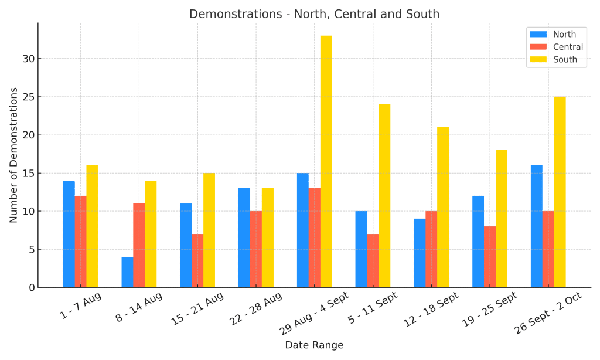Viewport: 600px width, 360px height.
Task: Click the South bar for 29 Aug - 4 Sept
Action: [x=326, y=161]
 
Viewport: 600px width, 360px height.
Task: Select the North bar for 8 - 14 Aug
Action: [x=127, y=272]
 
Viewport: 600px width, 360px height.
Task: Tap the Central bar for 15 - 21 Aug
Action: [x=197, y=261]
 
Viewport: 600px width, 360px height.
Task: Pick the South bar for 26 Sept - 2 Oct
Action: [x=560, y=192]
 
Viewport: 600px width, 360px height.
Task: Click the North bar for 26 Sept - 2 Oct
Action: [x=537, y=226]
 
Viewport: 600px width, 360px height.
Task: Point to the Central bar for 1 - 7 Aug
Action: [x=80, y=242]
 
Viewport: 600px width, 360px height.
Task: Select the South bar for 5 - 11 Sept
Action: [x=384, y=196]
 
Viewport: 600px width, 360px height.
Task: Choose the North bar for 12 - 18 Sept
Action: [x=420, y=253]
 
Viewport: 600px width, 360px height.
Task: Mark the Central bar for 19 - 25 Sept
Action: [x=490, y=257]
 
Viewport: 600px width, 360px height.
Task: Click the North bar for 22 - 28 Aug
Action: [x=244, y=238]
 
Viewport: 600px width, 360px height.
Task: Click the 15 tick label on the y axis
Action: [x=28, y=173]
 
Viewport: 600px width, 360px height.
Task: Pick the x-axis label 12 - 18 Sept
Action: [x=431, y=310]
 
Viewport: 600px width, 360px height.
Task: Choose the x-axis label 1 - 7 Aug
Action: [x=81, y=305]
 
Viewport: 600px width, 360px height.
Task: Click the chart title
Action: [x=314, y=14]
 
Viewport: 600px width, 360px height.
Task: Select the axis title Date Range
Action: [x=314, y=345]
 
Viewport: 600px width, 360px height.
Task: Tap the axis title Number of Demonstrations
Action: [x=13, y=155]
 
